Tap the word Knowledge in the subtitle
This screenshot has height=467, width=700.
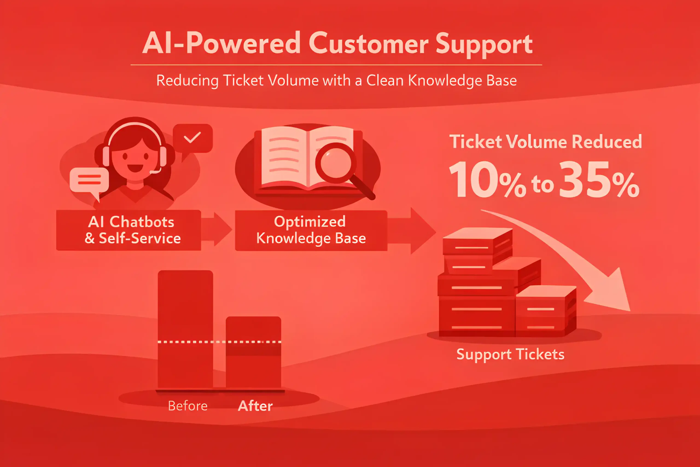point(445,80)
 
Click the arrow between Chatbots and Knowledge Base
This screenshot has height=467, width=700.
point(217,229)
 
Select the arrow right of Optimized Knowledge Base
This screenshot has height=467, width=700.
point(412,231)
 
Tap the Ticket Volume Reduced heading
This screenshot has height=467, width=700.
point(545,141)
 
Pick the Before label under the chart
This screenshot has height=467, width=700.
point(188,406)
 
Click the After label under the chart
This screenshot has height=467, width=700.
point(255,406)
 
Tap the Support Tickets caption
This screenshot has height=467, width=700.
point(511,354)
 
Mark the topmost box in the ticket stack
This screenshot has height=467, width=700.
point(478,241)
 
